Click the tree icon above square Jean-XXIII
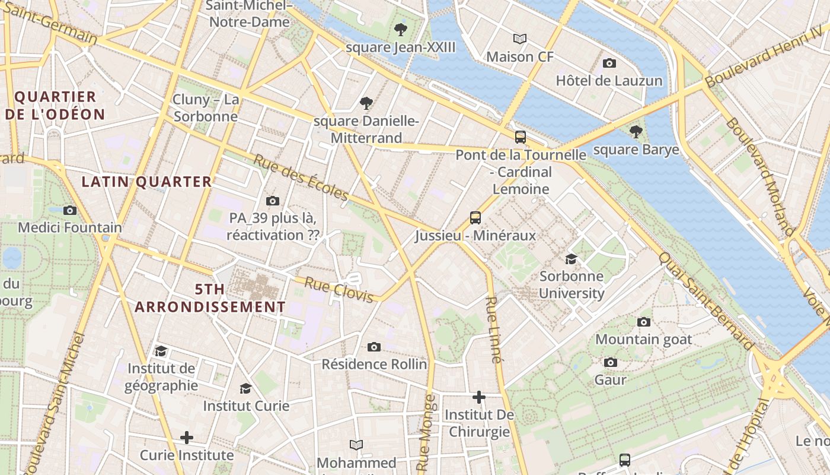401,29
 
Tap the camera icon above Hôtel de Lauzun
609,63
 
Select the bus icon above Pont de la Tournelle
520,137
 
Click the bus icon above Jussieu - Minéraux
475,217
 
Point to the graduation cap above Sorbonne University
571,259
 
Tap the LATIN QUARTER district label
146,182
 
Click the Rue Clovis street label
339,289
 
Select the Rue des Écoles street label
301,178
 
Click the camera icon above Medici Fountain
70,210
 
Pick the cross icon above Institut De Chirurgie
479,397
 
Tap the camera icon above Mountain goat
644,322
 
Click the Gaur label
611,379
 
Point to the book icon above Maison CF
520,39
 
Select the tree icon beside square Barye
636,132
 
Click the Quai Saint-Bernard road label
707,301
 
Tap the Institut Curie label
246,406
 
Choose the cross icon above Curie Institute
187,438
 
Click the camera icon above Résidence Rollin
373,347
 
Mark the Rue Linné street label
493,330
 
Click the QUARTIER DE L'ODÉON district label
55,105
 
